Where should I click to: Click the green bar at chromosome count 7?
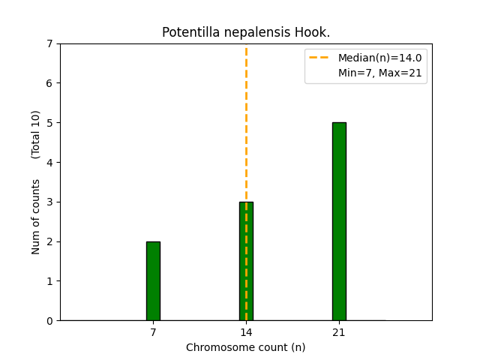[x=153, y=281]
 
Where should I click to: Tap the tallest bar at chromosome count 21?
[x=339, y=221]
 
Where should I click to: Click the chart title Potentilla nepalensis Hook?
[x=246, y=33]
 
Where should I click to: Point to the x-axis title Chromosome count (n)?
[x=246, y=347]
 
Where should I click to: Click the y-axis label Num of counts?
[x=36, y=217]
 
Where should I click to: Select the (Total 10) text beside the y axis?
[x=36, y=134]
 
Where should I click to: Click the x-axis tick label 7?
[x=153, y=332]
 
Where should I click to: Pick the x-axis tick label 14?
[x=246, y=332]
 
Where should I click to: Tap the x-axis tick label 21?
[x=339, y=332]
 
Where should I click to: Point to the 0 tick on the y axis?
[x=50, y=321]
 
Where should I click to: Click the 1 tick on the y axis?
[x=50, y=281]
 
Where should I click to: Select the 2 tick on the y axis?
[x=50, y=241]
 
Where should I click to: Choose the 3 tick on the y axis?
[x=50, y=202]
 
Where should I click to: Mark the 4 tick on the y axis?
[x=50, y=163]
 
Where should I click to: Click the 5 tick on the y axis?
[x=50, y=123]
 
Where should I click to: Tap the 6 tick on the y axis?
[x=50, y=83]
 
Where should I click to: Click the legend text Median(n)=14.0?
[x=379, y=58]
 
